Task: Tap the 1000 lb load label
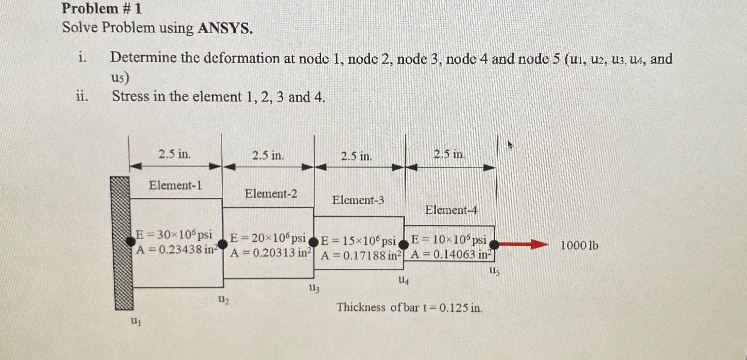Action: tap(579, 246)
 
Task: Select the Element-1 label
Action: tap(175, 185)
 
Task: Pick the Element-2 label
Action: tap(271, 194)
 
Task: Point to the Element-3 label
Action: tap(358, 200)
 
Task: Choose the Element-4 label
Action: tap(451, 210)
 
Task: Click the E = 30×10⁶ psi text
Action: tap(174, 234)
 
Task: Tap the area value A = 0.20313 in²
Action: tap(271, 253)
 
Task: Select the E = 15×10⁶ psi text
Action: tap(359, 241)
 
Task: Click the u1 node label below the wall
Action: tap(136, 321)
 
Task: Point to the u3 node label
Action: tap(315, 289)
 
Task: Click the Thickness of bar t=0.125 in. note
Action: tap(409, 307)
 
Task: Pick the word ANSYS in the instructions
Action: tap(225, 28)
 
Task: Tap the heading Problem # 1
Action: tap(101, 9)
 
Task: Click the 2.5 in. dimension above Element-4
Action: tap(449, 154)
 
